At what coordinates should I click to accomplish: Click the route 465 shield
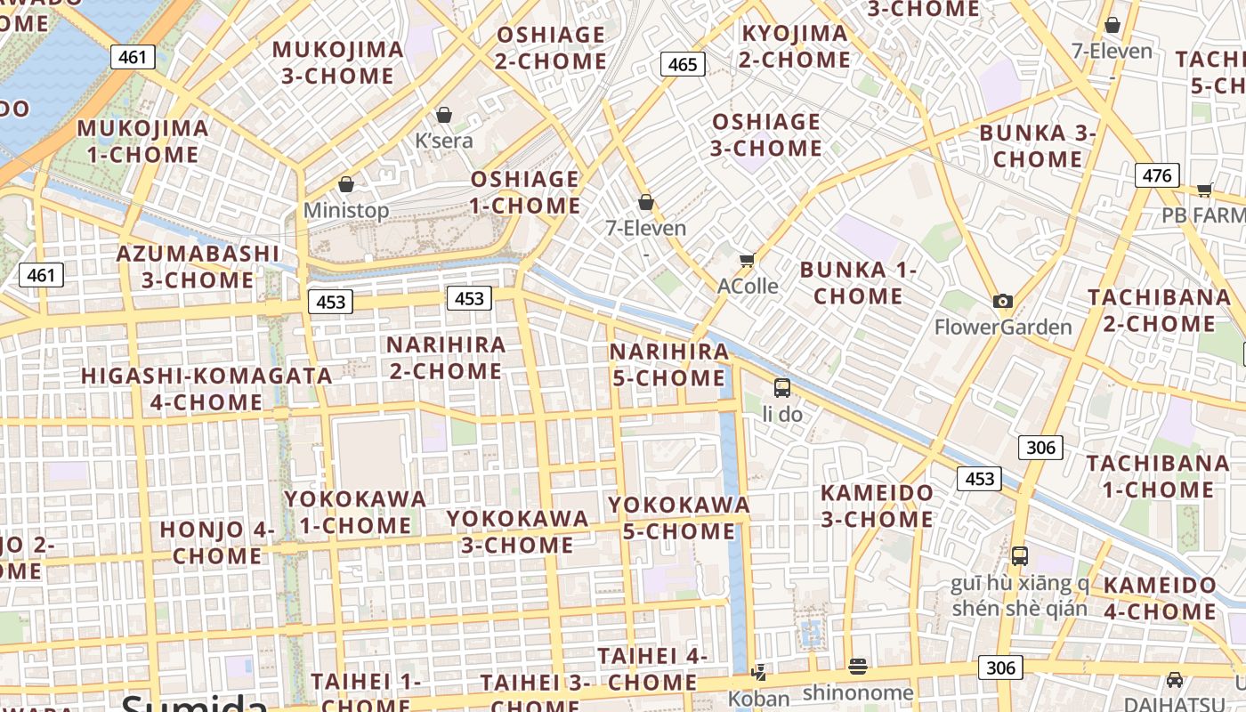click(x=683, y=64)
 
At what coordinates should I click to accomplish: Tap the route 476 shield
click(x=1157, y=175)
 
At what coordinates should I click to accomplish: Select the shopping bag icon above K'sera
click(x=444, y=115)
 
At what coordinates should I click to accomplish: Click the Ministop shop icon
click(x=346, y=184)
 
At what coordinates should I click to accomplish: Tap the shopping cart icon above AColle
click(x=747, y=260)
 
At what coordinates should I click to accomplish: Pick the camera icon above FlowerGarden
click(x=1003, y=301)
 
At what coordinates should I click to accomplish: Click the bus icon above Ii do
click(x=782, y=388)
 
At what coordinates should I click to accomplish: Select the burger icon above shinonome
click(x=858, y=666)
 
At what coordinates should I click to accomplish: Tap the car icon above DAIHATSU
click(x=1175, y=679)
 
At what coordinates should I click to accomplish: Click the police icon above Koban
click(x=759, y=672)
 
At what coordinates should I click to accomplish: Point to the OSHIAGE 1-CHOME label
click(x=525, y=192)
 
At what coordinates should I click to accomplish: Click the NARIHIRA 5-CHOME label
click(x=668, y=365)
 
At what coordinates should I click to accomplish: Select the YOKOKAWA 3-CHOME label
click(x=517, y=531)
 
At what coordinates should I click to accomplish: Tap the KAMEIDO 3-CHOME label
click(x=877, y=506)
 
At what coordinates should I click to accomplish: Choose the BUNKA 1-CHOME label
click(x=858, y=283)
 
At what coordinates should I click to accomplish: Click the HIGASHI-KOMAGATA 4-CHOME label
click(x=206, y=389)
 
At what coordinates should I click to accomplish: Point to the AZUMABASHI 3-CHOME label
click(x=198, y=267)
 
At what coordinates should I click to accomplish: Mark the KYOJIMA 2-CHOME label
click(x=795, y=47)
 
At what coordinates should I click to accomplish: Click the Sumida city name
click(x=194, y=703)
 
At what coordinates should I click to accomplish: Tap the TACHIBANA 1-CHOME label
click(x=1158, y=476)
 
